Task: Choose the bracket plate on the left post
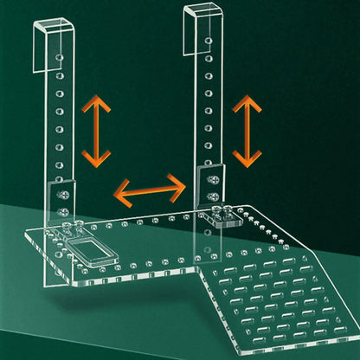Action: [x=62, y=198]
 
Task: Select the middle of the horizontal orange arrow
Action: [x=151, y=188]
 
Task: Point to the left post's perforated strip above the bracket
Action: [x=59, y=112]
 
